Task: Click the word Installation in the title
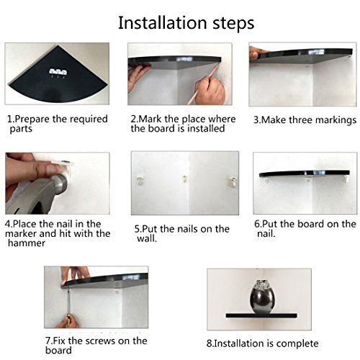click(x=163, y=23)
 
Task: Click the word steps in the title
click(x=233, y=24)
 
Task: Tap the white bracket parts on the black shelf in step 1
click(x=58, y=72)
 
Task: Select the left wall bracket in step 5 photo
click(x=140, y=180)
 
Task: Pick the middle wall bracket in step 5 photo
click(x=185, y=179)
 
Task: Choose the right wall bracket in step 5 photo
click(x=233, y=181)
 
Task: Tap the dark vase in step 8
click(x=262, y=297)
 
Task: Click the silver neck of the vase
click(x=262, y=284)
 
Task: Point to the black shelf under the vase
click(x=261, y=315)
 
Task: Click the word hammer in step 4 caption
click(x=27, y=243)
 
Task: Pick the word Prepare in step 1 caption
click(x=32, y=120)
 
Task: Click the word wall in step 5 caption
click(x=147, y=238)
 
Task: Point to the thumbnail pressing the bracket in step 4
click(x=53, y=169)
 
